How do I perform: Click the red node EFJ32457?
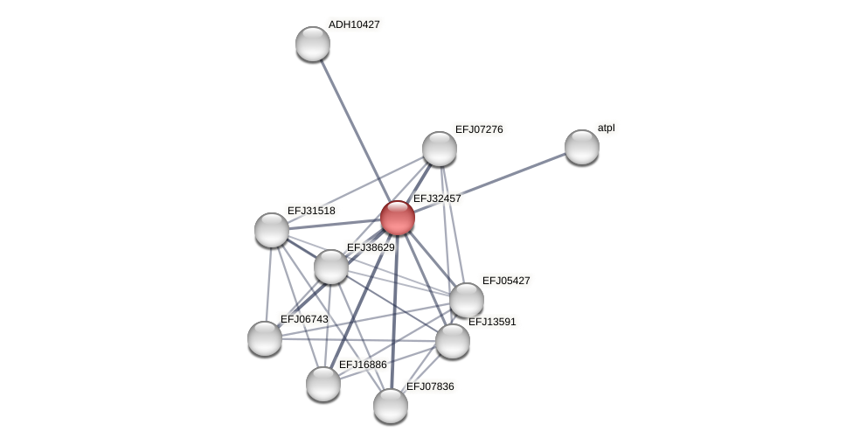398,218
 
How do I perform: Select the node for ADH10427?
313,44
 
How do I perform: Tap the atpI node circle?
582,147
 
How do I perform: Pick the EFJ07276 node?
440,149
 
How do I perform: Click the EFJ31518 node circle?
272,230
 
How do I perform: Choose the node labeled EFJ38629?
331,267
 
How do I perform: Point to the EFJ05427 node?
467,300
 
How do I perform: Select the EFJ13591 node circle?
453,341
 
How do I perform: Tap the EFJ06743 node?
265,338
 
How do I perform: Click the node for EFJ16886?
323,384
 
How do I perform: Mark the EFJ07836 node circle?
391,406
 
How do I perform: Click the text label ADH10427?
354,24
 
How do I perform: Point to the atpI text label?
606,128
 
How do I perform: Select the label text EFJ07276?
479,129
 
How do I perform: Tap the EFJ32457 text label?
437,198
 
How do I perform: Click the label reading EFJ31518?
311,211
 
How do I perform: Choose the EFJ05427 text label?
506,281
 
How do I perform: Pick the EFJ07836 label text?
430,386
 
